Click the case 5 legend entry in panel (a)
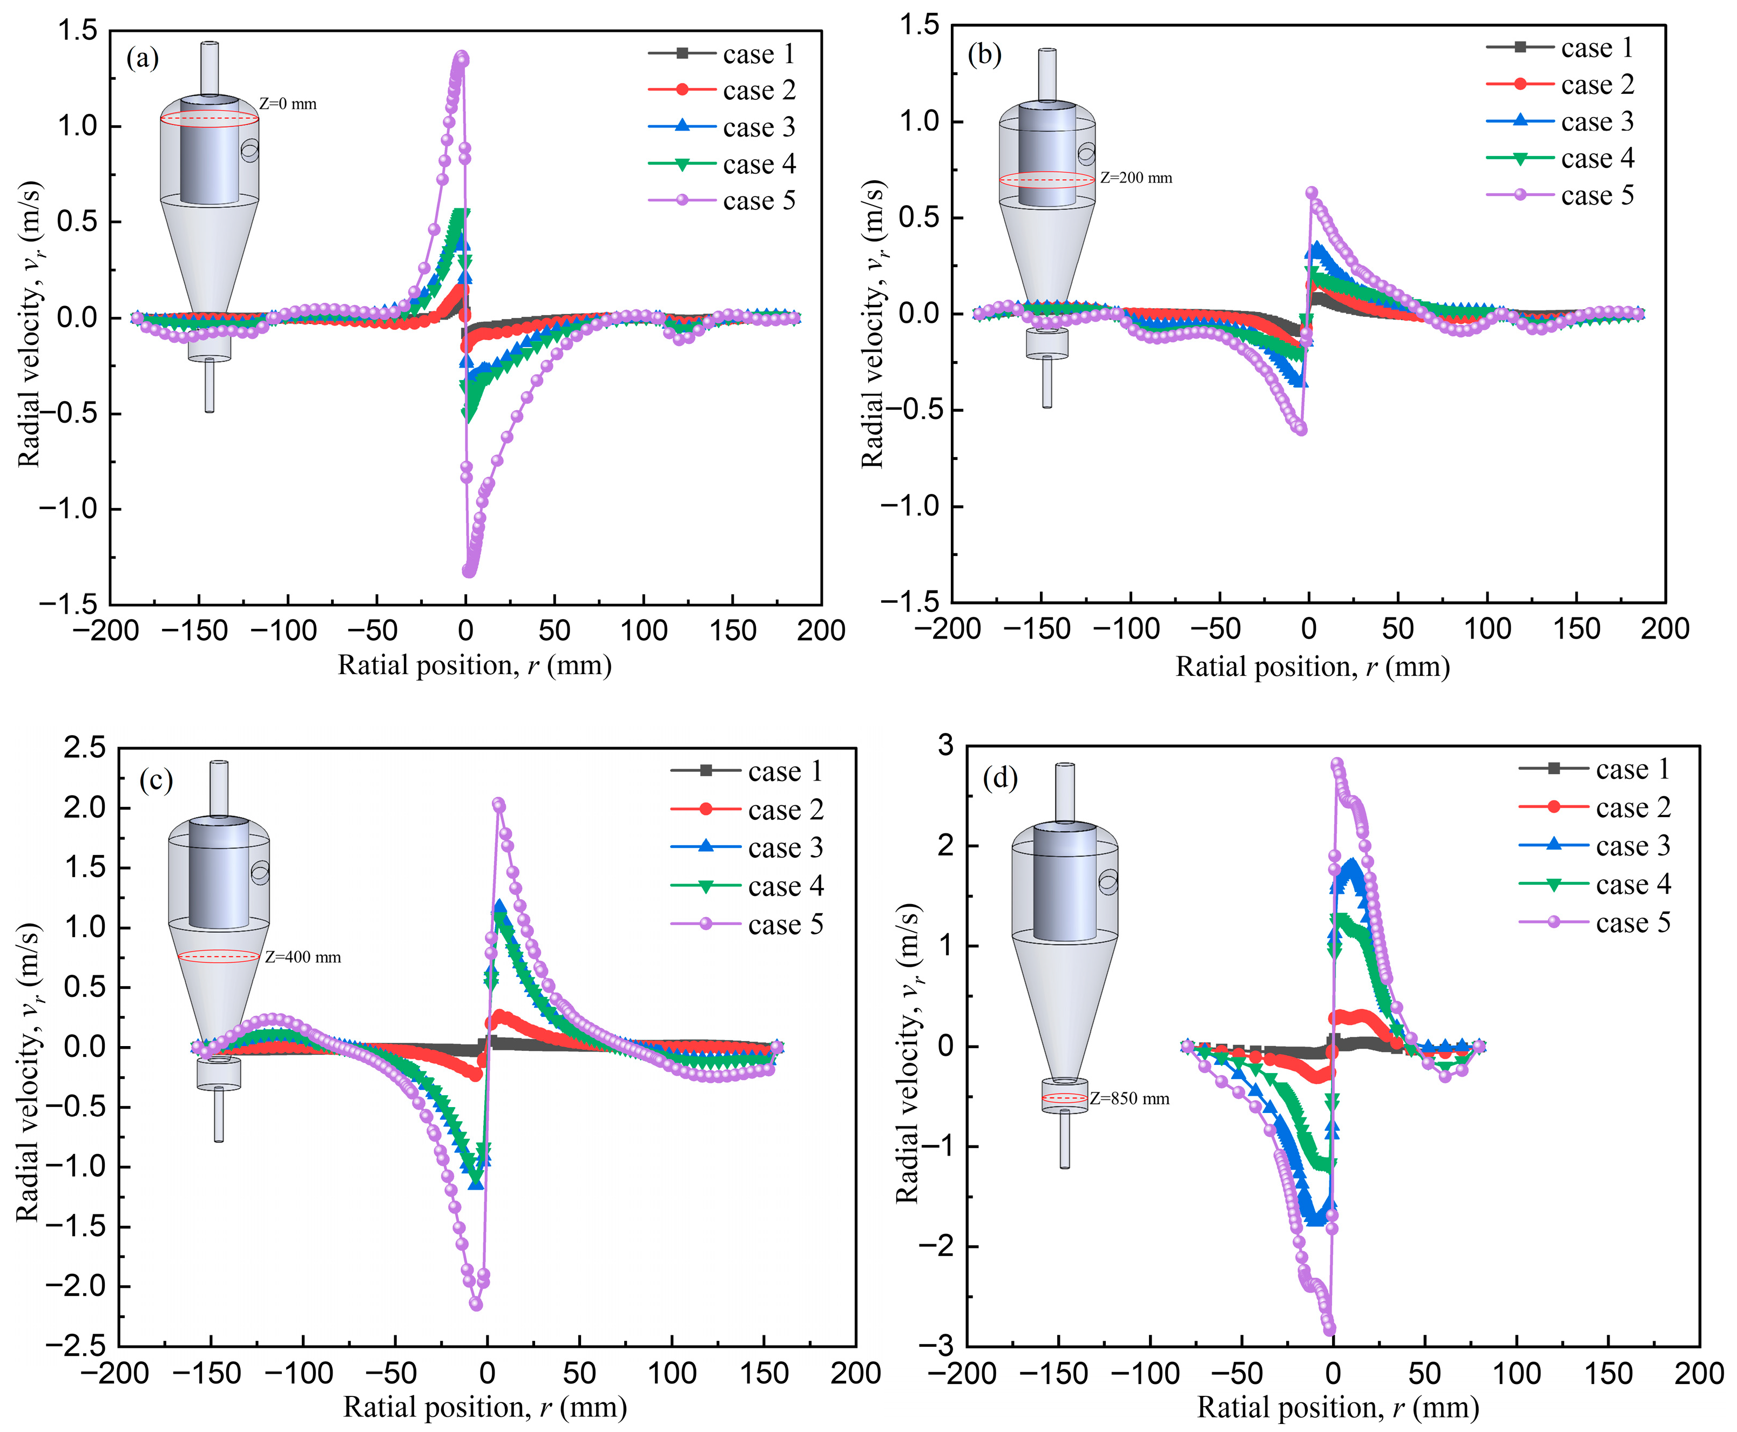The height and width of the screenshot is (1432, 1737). tap(722, 200)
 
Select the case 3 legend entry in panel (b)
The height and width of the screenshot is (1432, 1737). tap(1559, 121)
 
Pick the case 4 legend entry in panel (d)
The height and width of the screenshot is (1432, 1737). tap(1595, 884)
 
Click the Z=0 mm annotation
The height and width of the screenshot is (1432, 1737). tap(288, 104)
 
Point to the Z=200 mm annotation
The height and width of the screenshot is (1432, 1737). tap(1136, 178)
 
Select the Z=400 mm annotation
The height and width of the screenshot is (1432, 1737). tap(303, 957)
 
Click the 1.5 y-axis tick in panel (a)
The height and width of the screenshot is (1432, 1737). tap(78, 31)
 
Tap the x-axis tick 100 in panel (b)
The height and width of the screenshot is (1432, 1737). tap(1487, 629)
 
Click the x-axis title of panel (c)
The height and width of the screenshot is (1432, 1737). tap(485, 1407)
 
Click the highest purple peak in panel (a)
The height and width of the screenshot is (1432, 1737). tap(462, 57)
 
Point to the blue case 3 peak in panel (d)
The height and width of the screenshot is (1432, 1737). tap(1350, 864)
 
